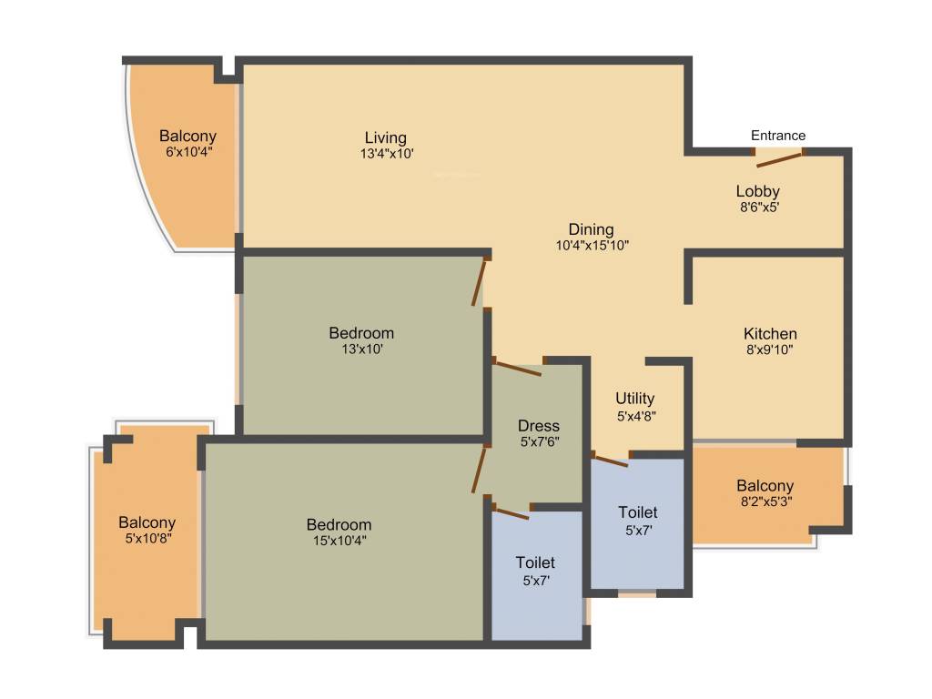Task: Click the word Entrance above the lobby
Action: pos(778,136)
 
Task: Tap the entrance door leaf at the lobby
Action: pos(779,159)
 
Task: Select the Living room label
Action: pos(386,138)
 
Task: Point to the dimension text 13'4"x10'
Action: pos(387,153)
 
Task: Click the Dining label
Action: pos(591,229)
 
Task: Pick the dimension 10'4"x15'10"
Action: pos(592,245)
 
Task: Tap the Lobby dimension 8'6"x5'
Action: pos(760,208)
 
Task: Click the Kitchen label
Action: pos(770,333)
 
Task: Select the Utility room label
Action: pos(634,399)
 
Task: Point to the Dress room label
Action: pos(539,426)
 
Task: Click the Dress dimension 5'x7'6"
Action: pos(540,441)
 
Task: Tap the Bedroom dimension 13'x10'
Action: pos(362,349)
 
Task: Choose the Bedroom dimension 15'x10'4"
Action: pos(339,541)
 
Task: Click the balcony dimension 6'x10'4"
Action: pos(189,152)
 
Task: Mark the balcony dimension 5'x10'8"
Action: pos(148,539)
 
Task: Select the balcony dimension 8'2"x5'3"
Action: pos(766,501)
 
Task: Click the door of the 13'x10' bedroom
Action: pos(479,282)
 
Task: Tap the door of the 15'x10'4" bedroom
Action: pos(479,470)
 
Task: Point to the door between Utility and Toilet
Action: pos(611,460)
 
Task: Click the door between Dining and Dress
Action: pos(518,368)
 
